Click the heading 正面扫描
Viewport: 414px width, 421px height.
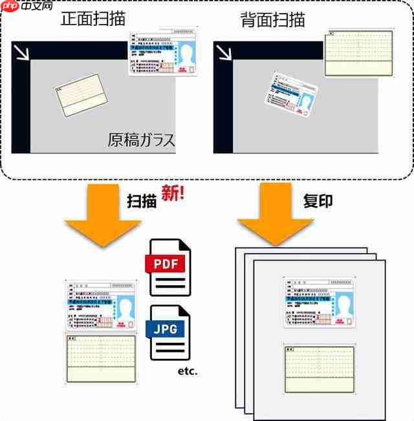click(x=94, y=19)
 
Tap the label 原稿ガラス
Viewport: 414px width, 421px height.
click(x=141, y=140)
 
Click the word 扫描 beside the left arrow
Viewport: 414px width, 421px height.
click(x=142, y=201)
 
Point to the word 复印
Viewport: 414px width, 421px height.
click(x=318, y=200)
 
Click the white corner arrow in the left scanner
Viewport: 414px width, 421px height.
click(x=23, y=52)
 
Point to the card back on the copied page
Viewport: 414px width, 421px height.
click(x=319, y=369)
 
